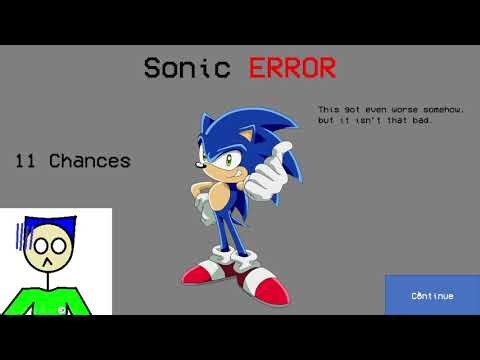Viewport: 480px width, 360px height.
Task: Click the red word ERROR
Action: click(x=293, y=68)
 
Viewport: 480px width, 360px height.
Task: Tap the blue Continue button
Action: click(x=432, y=296)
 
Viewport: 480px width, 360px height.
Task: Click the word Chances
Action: click(x=90, y=160)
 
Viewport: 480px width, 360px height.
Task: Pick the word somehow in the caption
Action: click(x=447, y=110)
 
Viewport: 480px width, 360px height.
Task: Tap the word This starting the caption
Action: click(x=328, y=110)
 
